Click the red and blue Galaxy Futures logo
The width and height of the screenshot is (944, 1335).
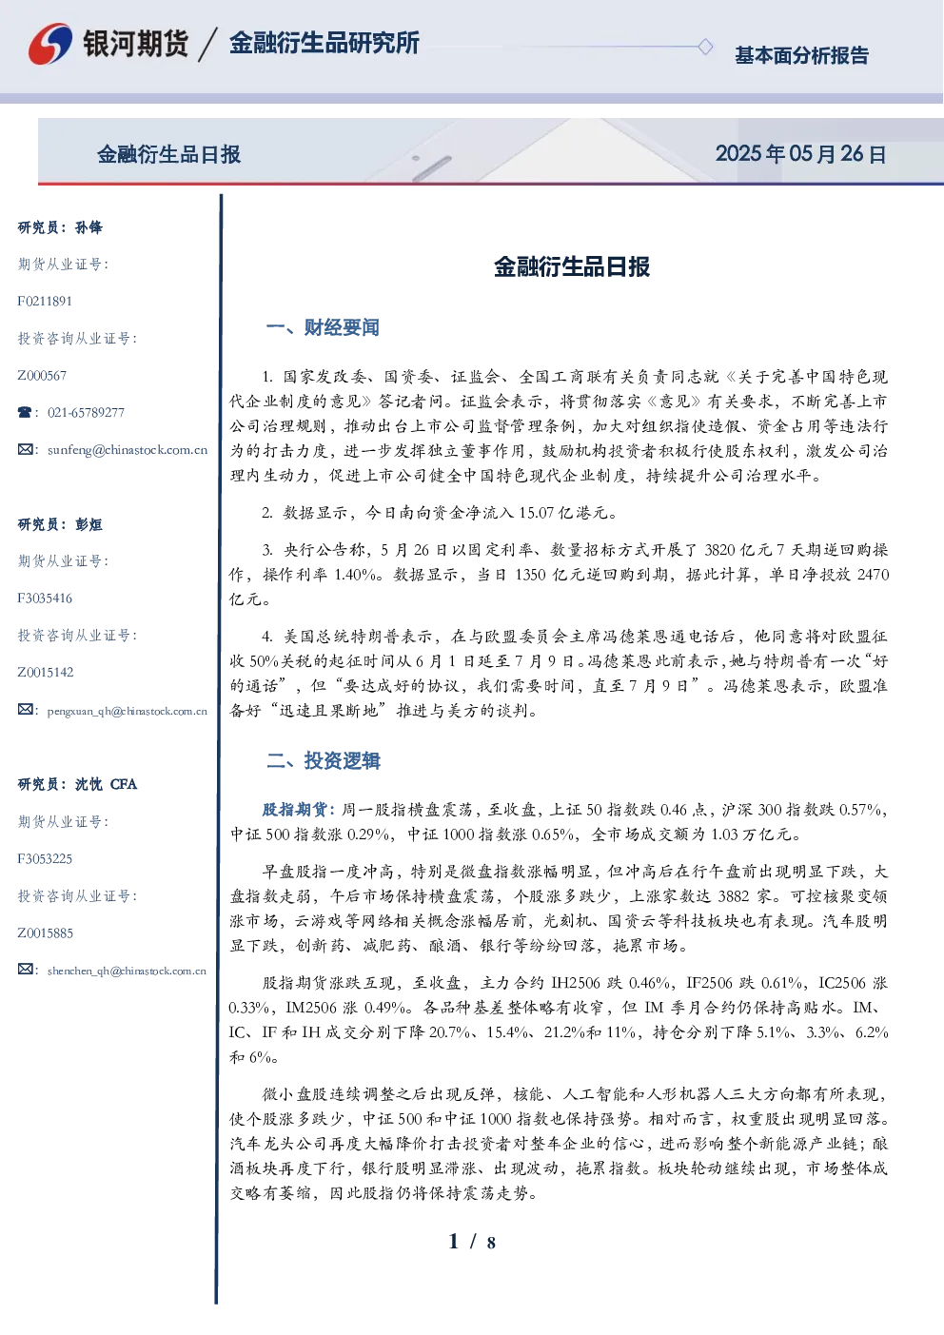pos(50,44)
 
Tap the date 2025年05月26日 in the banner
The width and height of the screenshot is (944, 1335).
pos(800,154)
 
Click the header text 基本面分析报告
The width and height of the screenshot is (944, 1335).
pos(801,55)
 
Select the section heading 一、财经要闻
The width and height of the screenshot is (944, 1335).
pos(323,327)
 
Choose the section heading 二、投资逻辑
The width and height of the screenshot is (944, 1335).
pos(323,760)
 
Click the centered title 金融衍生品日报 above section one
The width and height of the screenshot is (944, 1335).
pos(572,267)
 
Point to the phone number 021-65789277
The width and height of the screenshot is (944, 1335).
pos(86,412)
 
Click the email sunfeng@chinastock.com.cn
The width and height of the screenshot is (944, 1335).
pos(128,450)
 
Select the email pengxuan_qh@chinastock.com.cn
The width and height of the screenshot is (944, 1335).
pos(128,711)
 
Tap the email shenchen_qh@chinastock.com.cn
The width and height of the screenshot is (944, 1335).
pos(127,971)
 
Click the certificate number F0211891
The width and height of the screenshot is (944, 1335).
pos(45,301)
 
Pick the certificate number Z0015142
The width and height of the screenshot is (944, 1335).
pos(46,673)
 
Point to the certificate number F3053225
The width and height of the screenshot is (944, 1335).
pos(45,859)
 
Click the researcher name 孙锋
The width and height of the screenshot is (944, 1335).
pos(88,227)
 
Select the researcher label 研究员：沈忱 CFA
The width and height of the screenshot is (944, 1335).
pos(77,784)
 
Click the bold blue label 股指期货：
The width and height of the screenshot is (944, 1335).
pos(300,810)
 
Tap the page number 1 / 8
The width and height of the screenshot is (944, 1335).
pos(472,1242)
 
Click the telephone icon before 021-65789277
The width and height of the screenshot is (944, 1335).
pos(25,412)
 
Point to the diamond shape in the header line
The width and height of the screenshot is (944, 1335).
pos(705,47)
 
